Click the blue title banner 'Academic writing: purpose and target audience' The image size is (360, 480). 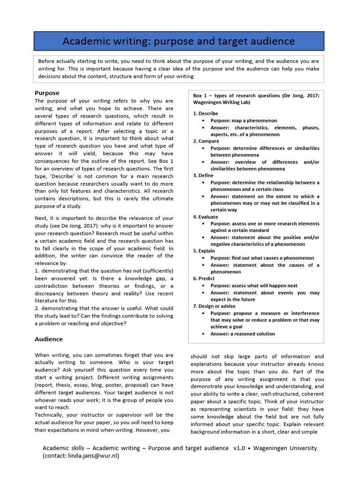pos(179,41)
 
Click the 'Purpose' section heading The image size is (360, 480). pos(47,93)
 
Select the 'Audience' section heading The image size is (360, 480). pos(49,339)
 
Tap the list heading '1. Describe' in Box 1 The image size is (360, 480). pos(205,113)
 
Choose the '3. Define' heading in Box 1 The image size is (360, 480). pos(203,175)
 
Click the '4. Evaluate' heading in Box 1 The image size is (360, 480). pos(205,217)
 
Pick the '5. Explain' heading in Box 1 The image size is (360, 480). pos(204,251)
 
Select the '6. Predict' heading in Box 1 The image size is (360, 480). pos(204,278)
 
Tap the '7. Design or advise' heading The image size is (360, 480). pos(215,306)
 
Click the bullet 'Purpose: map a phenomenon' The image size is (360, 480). pos(243,120)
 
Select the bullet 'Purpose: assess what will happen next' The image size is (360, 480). pos(254,285)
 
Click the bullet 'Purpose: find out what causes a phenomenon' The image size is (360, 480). pos(262,258)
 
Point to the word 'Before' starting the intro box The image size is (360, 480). pos(46,61)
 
